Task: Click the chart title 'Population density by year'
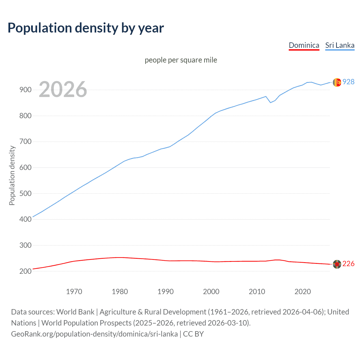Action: pyautogui.click(x=86, y=28)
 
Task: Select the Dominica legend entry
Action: pyautogui.click(x=304, y=45)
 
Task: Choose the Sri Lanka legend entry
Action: pyautogui.click(x=340, y=45)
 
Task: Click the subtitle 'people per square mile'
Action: pyautogui.click(x=181, y=60)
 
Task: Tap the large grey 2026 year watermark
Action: pyautogui.click(x=63, y=89)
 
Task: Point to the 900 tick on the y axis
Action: pyautogui.click(x=25, y=90)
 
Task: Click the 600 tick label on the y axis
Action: pyautogui.click(x=25, y=167)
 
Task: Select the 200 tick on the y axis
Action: pyautogui.click(x=25, y=271)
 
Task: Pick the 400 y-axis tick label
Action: pyautogui.click(x=25, y=219)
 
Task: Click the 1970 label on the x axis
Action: pyautogui.click(x=74, y=292)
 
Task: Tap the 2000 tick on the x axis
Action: pyautogui.click(x=211, y=292)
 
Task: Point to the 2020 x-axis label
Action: pyautogui.click(x=303, y=292)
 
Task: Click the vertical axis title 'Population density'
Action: pyautogui.click(x=12, y=175)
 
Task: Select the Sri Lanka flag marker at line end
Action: pyautogui.click(x=337, y=82)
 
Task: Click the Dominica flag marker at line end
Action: pyautogui.click(x=337, y=264)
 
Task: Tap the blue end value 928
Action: pyautogui.click(x=348, y=82)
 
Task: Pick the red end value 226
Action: pyautogui.click(x=348, y=264)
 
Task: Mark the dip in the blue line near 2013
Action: pyautogui.click(x=270, y=102)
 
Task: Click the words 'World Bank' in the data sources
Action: pyautogui.click(x=75, y=312)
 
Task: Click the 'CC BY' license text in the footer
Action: pyautogui.click(x=193, y=334)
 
